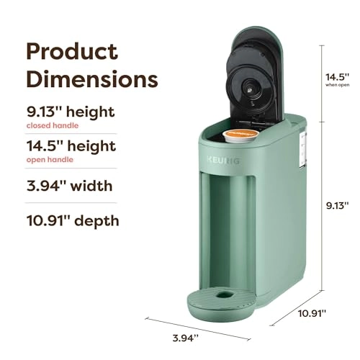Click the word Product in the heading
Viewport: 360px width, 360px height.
tap(72, 51)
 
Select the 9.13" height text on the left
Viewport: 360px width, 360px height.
tap(71, 113)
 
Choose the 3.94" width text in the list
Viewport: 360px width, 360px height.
tap(69, 186)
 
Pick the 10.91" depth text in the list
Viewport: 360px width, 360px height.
tap(73, 221)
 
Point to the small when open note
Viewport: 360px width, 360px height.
tap(336, 85)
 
